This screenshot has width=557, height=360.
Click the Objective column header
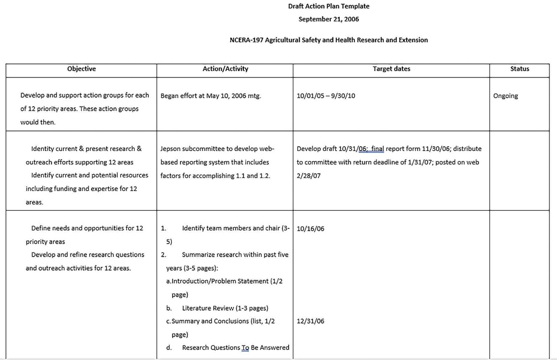click(x=81, y=69)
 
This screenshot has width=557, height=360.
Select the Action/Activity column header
click(x=225, y=69)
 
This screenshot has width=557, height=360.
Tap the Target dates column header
click(x=391, y=69)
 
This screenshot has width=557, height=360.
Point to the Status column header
click(x=519, y=69)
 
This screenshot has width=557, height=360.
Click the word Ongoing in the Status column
click(x=505, y=96)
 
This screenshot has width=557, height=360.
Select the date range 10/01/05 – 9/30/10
click(x=326, y=96)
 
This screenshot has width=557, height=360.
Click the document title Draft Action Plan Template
click(x=329, y=6)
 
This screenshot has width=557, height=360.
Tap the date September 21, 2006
click(x=329, y=19)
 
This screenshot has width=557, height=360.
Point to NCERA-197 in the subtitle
click(x=246, y=40)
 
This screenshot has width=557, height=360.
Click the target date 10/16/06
click(x=310, y=229)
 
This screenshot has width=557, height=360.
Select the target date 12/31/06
click(x=310, y=321)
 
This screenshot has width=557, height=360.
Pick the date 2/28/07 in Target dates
click(x=308, y=176)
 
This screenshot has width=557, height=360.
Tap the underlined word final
click(x=377, y=149)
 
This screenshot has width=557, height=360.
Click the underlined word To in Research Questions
click(x=245, y=348)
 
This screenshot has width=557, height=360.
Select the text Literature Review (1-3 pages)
click(x=225, y=308)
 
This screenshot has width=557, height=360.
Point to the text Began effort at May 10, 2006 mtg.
click(x=210, y=96)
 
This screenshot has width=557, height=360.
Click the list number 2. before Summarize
click(x=164, y=255)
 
